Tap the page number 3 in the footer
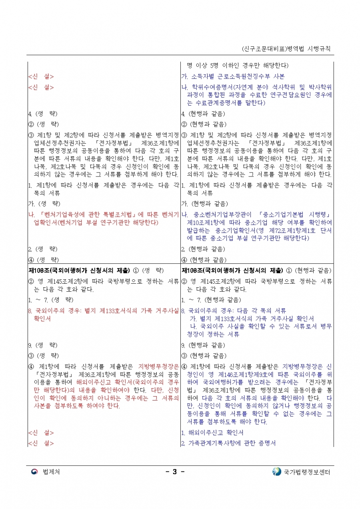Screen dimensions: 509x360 point(175,472)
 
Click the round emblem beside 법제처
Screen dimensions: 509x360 point(35,472)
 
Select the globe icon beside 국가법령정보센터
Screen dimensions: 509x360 point(276,472)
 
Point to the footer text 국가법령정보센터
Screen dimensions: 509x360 point(307,472)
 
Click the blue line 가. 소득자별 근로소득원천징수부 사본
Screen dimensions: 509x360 point(233,76)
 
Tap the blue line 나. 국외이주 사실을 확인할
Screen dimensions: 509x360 point(261,327)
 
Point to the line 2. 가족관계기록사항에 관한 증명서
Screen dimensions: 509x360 point(228,443)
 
